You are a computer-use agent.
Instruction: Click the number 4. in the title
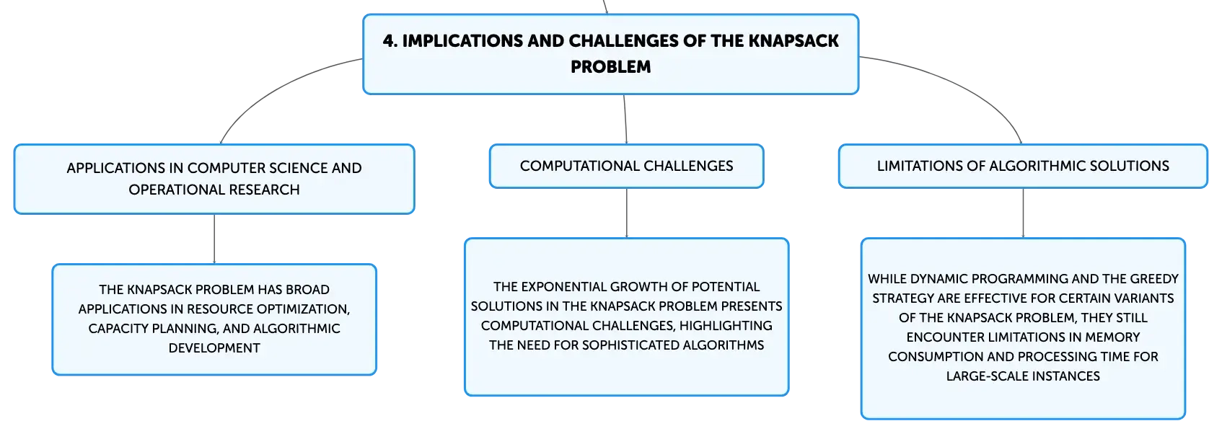pyautogui.click(x=390, y=41)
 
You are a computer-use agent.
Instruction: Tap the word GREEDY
pyautogui.click(x=1154, y=278)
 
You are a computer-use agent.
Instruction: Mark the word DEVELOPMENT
pyautogui.click(x=214, y=348)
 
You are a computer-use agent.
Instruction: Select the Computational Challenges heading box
pyautogui.click(x=626, y=167)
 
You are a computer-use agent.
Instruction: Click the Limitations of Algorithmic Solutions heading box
pyautogui.click(x=1023, y=167)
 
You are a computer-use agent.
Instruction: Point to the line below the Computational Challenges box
pyautogui.click(x=626, y=213)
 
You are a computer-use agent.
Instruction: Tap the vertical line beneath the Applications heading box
pyautogui.click(x=214, y=239)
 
